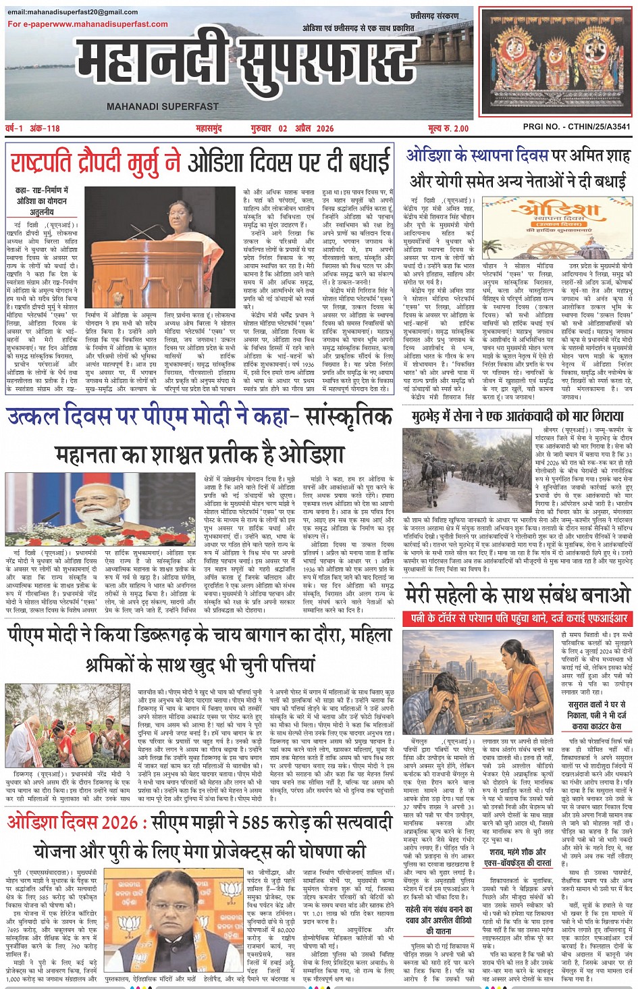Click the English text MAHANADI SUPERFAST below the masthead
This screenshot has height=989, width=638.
coord(163,106)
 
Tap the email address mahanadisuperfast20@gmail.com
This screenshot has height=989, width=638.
coord(73,12)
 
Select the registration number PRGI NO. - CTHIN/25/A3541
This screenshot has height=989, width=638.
coord(577,127)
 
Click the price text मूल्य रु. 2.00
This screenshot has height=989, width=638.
coord(448,128)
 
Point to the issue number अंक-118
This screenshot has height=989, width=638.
coord(44,128)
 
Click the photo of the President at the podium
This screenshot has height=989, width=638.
coord(160,248)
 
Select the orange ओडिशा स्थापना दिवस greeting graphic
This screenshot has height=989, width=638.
coord(558,228)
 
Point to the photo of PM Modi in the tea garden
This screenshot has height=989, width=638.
coord(68,725)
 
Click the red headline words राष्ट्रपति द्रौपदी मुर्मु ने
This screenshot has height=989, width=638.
coord(95,163)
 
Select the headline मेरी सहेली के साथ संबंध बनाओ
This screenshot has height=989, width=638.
coord(517,594)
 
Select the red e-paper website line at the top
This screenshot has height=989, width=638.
coord(88,24)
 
